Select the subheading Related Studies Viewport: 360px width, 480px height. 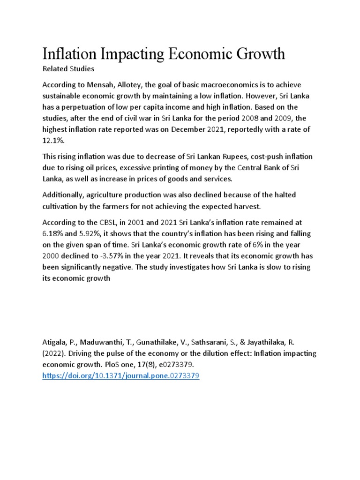pos(68,69)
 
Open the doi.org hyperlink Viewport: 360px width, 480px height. pos(121,376)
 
